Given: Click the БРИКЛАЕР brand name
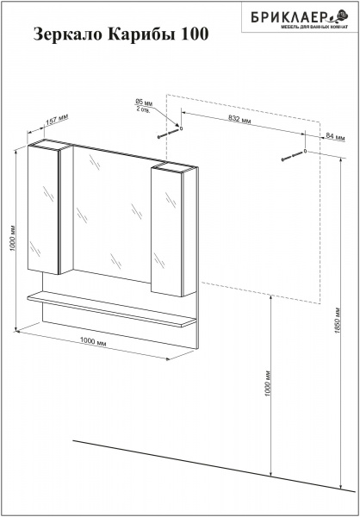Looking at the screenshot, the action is (x=289, y=16).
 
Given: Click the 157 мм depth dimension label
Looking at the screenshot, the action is (x=56, y=121).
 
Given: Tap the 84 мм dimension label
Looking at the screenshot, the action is (x=335, y=135).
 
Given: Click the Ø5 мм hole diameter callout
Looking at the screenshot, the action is (x=144, y=103).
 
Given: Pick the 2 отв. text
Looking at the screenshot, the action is (x=143, y=109).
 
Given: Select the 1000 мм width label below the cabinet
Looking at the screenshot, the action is (x=93, y=342).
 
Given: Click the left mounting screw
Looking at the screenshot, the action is (x=168, y=134).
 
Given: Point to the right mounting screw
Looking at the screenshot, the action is (x=292, y=156).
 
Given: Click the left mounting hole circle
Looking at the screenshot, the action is (x=181, y=128).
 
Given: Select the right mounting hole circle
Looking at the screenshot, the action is (x=305, y=151).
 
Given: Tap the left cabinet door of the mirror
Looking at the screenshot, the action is (x=43, y=210).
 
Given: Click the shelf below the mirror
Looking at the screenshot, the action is (x=112, y=309).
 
